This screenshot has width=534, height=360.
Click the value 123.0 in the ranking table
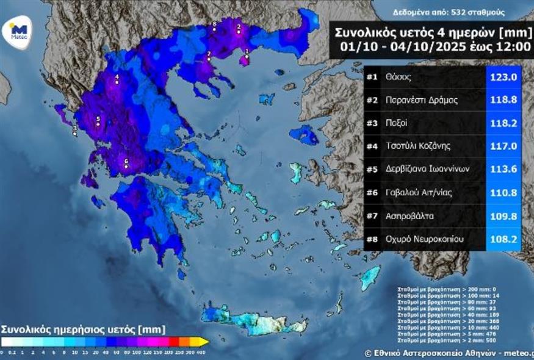[504, 77]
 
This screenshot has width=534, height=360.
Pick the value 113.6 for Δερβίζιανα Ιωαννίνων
[504, 170]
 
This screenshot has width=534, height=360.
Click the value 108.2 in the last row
[504, 239]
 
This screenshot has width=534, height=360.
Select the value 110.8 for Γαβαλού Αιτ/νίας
[504, 193]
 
